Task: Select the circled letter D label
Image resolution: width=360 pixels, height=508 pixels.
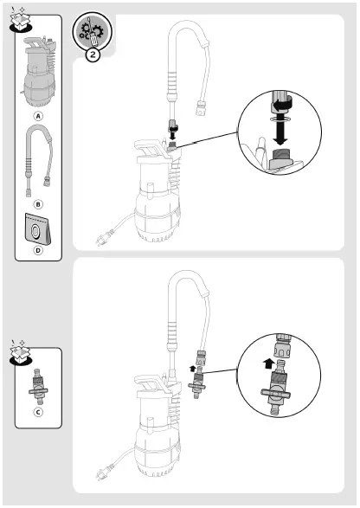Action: pyautogui.click(x=37, y=252)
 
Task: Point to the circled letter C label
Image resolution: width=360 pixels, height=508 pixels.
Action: pyautogui.click(x=37, y=413)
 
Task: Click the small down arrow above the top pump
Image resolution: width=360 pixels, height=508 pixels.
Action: pyautogui.click(x=172, y=133)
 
